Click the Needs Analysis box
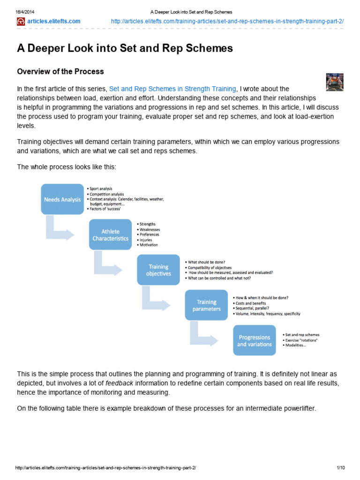[x=62, y=199]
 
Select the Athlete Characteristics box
[x=111, y=235]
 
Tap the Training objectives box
[x=158, y=270]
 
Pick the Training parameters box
[x=207, y=305]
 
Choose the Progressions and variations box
[x=255, y=341]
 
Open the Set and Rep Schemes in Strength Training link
[x=172, y=89]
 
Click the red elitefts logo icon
[x=21, y=22]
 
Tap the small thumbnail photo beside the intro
[x=335, y=82]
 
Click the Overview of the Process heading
[x=60, y=72]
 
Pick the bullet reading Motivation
[x=149, y=245]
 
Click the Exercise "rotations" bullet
[x=301, y=340]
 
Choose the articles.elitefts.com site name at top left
[x=54, y=22]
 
